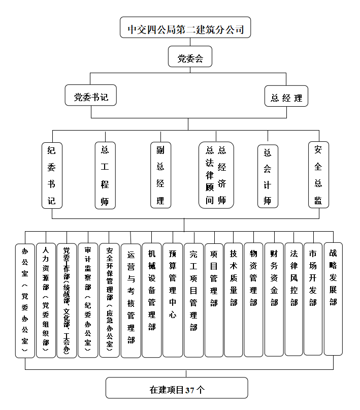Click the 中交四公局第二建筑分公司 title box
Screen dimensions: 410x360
[185, 28]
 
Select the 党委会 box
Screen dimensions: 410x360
[190, 57]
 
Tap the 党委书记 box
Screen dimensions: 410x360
[91, 96]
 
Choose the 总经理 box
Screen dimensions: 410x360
[286, 97]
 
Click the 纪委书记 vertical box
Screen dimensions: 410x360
[52, 175]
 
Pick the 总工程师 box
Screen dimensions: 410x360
[105, 175]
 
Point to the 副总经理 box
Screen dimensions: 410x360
[160, 175]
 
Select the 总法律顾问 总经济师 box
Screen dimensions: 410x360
[216, 175]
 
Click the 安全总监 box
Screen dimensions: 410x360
[318, 174]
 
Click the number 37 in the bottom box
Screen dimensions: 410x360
[190, 390]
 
